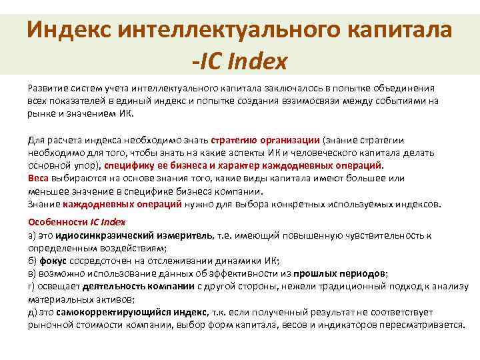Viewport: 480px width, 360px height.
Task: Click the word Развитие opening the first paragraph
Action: (47, 88)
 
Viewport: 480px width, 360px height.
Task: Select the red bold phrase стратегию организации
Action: (265, 141)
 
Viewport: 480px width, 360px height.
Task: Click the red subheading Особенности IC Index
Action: (77, 222)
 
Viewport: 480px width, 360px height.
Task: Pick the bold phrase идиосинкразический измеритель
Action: (134, 235)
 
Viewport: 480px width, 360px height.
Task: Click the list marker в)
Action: (31, 273)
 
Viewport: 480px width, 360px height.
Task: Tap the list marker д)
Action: (32, 312)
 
